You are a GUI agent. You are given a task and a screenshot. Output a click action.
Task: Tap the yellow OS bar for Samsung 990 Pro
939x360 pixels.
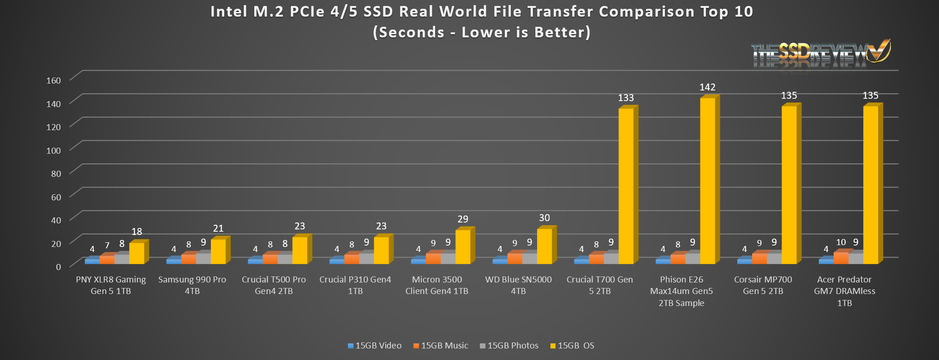218,252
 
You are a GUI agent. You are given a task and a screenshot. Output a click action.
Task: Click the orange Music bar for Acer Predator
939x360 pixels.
841,258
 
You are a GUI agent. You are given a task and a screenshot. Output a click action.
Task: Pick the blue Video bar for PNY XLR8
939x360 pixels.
92,261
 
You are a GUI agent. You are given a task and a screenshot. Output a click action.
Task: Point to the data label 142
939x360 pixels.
707,87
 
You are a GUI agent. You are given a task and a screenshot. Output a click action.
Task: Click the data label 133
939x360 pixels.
626,98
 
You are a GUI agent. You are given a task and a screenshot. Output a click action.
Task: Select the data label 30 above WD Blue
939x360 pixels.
544,218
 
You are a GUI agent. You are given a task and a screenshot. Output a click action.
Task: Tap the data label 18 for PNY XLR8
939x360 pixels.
137,232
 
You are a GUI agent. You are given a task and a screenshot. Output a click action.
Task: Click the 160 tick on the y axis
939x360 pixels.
54,80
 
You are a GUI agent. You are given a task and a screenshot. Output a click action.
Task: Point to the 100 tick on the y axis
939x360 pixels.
54,150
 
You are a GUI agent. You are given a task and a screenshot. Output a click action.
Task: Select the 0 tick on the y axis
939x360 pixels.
58,267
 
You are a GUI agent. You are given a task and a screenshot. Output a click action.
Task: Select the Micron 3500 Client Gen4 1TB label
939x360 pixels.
437,285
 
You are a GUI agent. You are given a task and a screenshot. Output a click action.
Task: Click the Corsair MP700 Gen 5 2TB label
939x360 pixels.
763,285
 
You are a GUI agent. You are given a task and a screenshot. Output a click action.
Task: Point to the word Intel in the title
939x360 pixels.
229,12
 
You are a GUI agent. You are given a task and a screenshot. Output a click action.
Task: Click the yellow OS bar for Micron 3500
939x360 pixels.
463,247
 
